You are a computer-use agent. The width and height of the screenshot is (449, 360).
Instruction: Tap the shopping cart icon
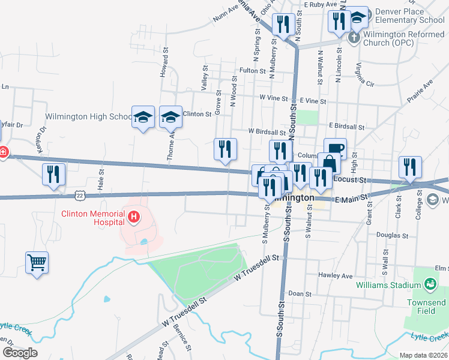tap(37, 262)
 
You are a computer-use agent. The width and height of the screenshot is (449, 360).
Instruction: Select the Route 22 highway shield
tap(80, 194)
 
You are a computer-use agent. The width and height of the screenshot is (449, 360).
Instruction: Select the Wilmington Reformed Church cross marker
tap(354, 37)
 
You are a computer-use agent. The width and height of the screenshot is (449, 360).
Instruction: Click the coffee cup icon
tap(335, 148)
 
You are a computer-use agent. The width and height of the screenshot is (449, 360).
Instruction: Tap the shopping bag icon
tap(328, 163)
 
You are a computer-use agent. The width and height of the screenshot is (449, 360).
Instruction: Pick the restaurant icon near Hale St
tap(54, 173)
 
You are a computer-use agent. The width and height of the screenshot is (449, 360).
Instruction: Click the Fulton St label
tap(252, 71)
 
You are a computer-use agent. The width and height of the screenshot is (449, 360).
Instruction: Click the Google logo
tap(20, 353)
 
